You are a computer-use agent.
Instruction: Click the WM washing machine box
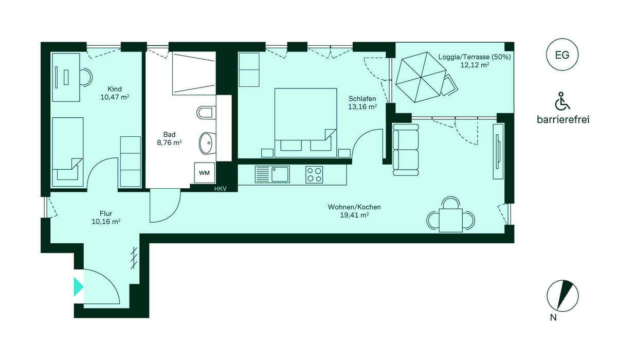[x=205, y=173]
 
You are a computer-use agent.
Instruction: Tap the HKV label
[x=221, y=189]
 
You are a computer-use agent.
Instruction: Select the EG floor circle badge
[x=562, y=55]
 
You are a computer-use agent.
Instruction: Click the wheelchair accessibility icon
[x=562, y=101]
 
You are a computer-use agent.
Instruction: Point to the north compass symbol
[x=562, y=296]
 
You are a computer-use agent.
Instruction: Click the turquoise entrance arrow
[x=79, y=287]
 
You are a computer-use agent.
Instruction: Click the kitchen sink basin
[x=280, y=174]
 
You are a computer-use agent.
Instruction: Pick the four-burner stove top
[x=314, y=175]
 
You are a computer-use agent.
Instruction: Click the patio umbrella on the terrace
[x=421, y=77]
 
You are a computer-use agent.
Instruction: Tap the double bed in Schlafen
[x=306, y=123]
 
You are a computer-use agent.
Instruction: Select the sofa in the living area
[x=406, y=150]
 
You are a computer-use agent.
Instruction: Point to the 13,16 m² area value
[x=362, y=107]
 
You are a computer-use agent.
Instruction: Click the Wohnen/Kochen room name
[x=354, y=207]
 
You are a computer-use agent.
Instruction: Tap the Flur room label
[x=106, y=213]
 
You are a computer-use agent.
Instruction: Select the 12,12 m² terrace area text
[x=475, y=65]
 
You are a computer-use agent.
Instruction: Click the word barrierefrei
[x=563, y=120]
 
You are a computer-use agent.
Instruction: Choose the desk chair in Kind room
[x=86, y=77]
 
